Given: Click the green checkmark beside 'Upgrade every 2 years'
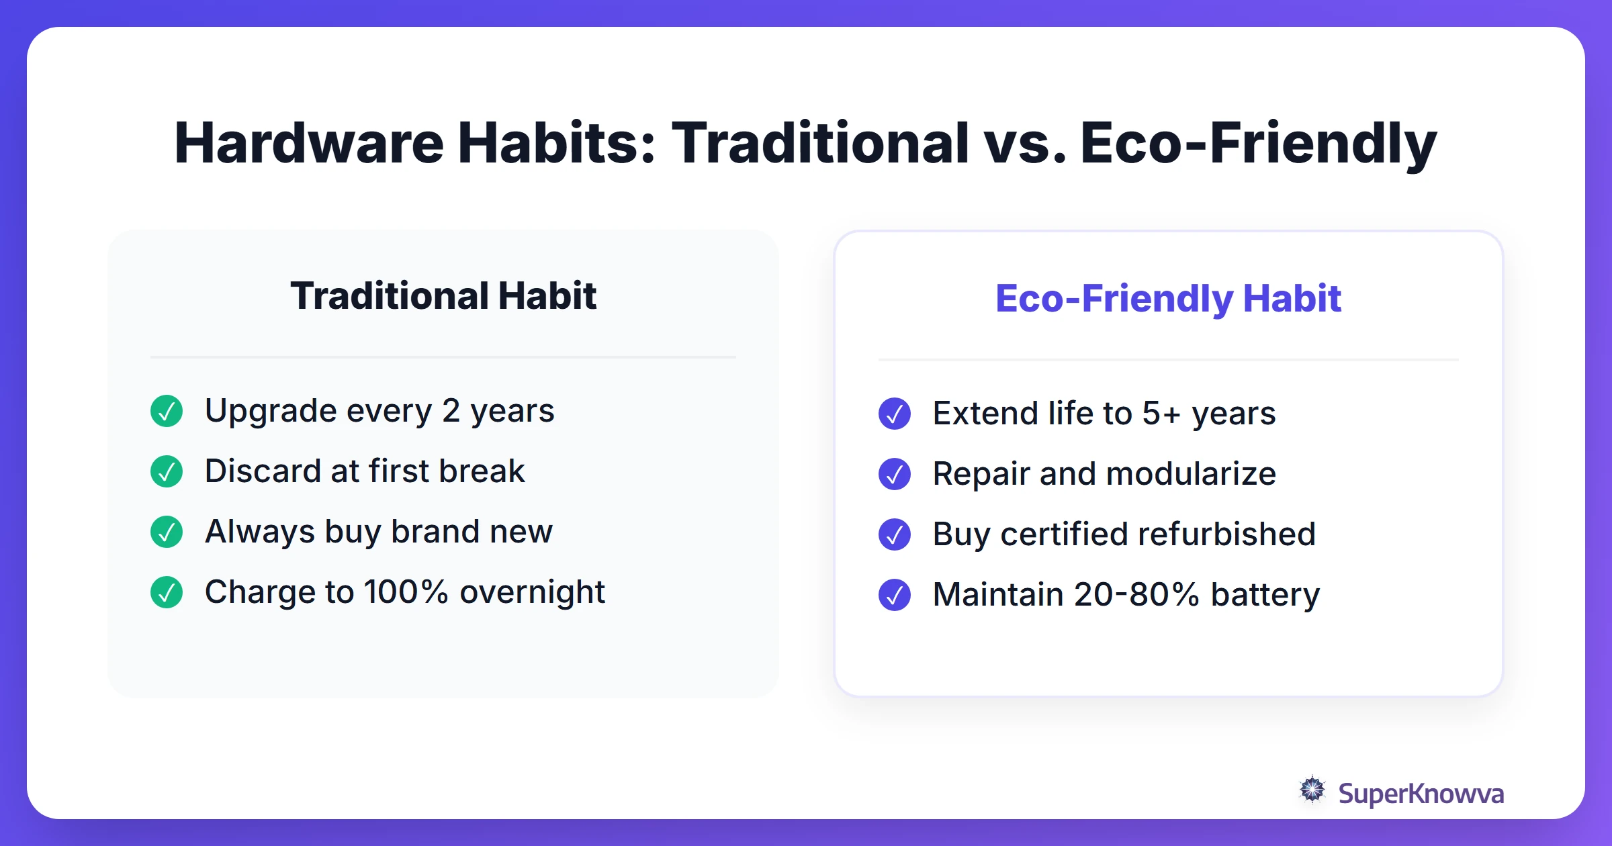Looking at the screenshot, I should (167, 411).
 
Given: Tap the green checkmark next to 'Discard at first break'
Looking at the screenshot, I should (167, 471).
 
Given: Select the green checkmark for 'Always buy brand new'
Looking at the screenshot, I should (167, 532).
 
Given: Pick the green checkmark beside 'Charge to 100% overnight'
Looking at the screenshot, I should (167, 592).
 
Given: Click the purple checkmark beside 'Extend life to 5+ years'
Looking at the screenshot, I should (895, 414).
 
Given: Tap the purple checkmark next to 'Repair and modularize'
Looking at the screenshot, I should (895, 474).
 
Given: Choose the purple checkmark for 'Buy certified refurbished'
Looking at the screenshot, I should (895, 534).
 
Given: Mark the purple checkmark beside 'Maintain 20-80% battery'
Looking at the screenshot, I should (895, 595).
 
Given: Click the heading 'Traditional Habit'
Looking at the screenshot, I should (443, 296).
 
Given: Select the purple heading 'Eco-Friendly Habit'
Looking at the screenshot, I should (1168, 299).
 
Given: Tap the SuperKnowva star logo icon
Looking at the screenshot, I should (1312, 790).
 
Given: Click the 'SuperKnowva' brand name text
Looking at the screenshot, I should (1421, 794).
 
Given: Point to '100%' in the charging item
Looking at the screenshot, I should (406, 592).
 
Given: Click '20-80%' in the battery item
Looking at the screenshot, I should (1136, 595).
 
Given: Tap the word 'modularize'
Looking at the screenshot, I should (1191, 474).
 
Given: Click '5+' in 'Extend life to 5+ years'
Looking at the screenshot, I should (1161, 414).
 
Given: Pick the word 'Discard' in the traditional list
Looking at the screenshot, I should (263, 471).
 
